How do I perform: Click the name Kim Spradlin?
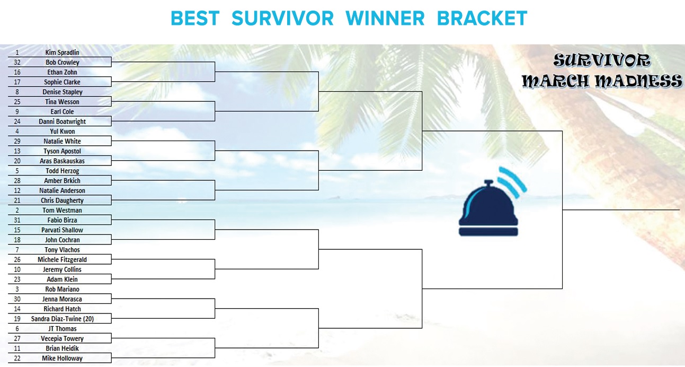[62, 53]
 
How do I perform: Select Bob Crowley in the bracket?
[62, 63]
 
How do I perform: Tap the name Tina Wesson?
[62, 102]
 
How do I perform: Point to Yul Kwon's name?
[62, 132]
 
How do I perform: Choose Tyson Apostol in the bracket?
[62, 151]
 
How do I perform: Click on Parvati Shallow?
[62, 230]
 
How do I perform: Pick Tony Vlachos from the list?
[62, 250]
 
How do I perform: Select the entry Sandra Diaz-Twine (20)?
[62, 319]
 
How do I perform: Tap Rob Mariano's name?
[62, 290]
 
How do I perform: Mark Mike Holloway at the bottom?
[62, 359]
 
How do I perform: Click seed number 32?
[17, 63]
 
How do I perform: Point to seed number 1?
[17, 53]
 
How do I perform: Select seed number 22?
[17, 359]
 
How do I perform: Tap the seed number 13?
[17, 151]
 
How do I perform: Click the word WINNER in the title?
[385, 19]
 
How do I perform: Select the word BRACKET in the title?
[482, 19]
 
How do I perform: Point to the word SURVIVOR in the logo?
[601, 60]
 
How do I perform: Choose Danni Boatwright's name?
[62, 121]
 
